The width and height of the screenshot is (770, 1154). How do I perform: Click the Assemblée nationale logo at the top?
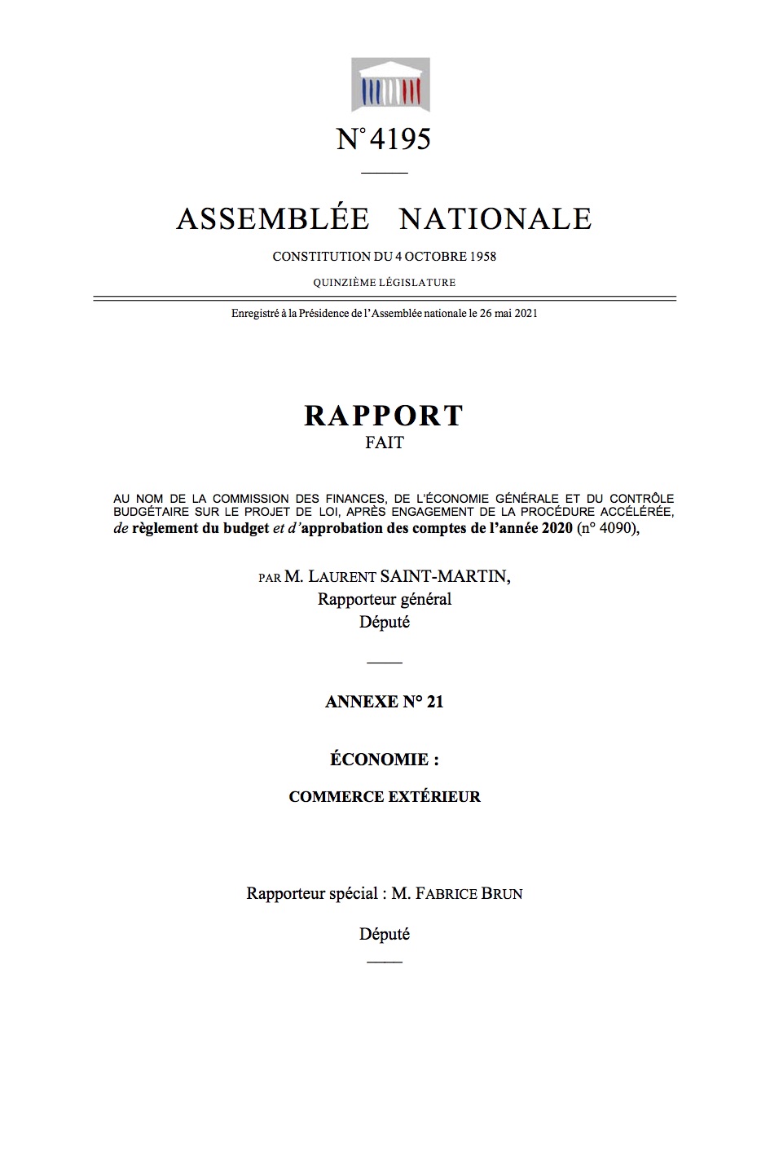pos(390,85)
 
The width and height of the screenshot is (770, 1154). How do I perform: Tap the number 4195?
pos(399,139)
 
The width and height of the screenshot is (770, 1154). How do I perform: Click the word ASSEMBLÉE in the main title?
pos(272,218)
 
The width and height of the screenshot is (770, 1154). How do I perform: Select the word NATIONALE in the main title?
pos(495,218)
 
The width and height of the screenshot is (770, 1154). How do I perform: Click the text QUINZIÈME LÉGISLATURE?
pos(385,283)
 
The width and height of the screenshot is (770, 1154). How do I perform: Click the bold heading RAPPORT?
pos(384,416)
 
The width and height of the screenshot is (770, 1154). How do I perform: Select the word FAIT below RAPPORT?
pos(385,443)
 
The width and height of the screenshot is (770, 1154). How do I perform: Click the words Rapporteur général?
pos(385,599)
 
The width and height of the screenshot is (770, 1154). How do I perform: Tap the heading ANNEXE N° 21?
pos(385,702)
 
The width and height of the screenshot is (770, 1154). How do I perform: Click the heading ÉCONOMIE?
pos(385,760)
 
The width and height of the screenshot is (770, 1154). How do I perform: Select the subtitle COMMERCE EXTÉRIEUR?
pos(385,796)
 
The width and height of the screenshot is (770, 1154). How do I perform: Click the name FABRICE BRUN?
pos(469,893)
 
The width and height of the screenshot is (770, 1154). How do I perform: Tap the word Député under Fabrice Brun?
pos(385,934)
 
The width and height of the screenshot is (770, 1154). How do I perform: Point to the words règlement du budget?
pos(200,529)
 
